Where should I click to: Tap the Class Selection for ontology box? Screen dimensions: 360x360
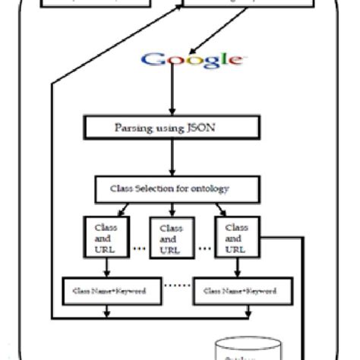tap(173, 188)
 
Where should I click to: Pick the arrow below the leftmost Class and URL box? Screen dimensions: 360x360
tap(106, 267)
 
